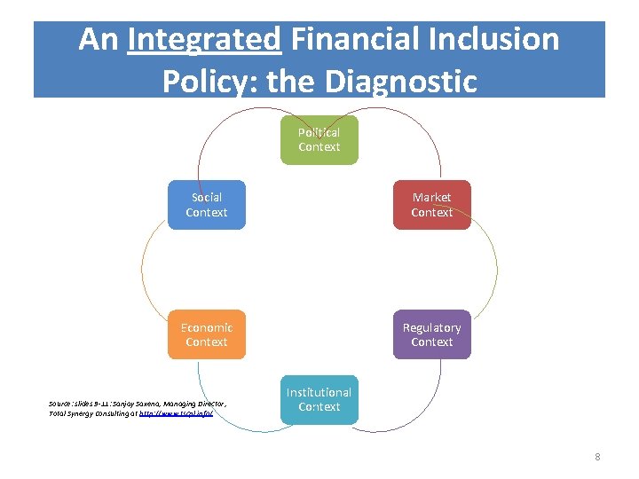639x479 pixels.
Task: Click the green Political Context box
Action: pyautogui.click(x=319, y=140)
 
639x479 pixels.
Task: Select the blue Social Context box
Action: pyautogui.click(x=207, y=205)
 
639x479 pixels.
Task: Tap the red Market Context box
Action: pyautogui.click(x=432, y=205)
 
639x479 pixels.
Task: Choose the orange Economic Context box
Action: pyautogui.click(x=207, y=334)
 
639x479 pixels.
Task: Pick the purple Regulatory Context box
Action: pyautogui.click(x=432, y=334)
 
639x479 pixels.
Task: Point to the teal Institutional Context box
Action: pyautogui.click(x=319, y=399)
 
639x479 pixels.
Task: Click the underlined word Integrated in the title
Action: pyautogui.click(x=204, y=40)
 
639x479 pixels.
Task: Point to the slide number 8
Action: pyautogui.click(x=597, y=457)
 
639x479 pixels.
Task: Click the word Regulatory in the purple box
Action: pyautogui.click(x=432, y=327)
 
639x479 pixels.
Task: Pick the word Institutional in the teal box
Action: pyautogui.click(x=319, y=392)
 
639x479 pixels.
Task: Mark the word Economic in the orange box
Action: pyautogui.click(x=207, y=327)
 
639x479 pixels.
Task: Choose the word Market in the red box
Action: pyautogui.click(x=432, y=197)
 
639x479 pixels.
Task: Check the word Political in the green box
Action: pyautogui.click(x=319, y=132)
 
